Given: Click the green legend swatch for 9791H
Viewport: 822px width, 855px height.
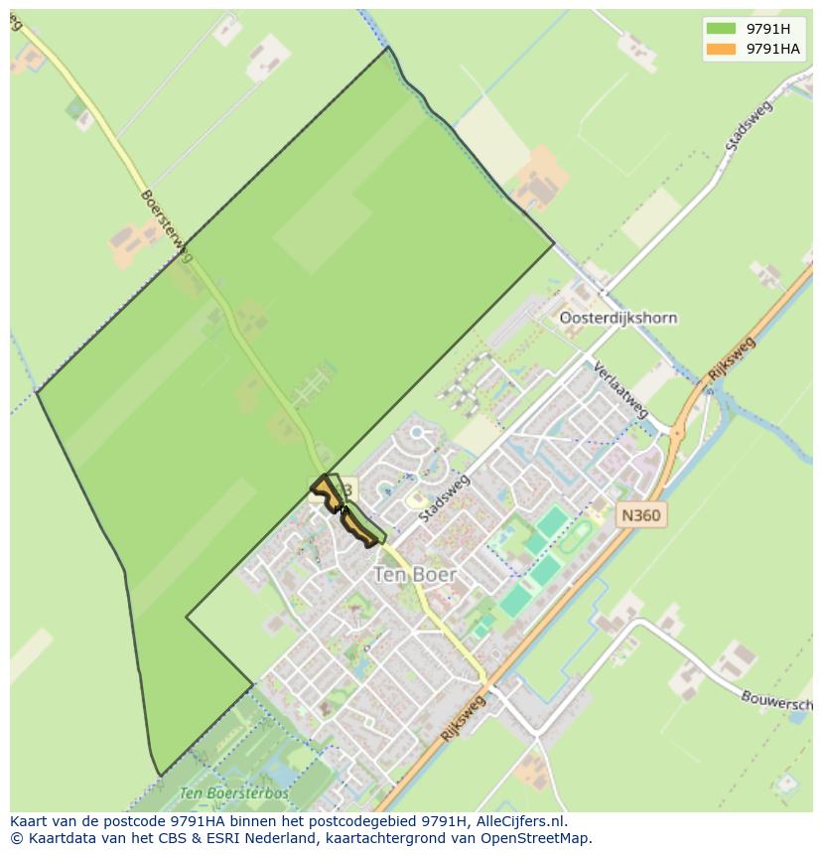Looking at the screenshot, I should [x=721, y=28].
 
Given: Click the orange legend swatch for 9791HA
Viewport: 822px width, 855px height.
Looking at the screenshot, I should [x=721, y=50].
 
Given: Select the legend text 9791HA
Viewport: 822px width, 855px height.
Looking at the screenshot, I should [x=773, y=50].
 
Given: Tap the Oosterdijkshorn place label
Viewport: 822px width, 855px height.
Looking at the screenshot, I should [x=617, y=319].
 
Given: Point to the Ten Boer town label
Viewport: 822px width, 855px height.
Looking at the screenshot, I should [x=415, y=575].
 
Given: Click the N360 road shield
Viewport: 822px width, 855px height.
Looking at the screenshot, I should [x=640, y=515].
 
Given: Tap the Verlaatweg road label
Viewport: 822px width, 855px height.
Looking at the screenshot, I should [x=620, y=389].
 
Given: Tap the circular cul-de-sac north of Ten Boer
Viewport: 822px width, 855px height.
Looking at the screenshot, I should [x=417, y=432].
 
